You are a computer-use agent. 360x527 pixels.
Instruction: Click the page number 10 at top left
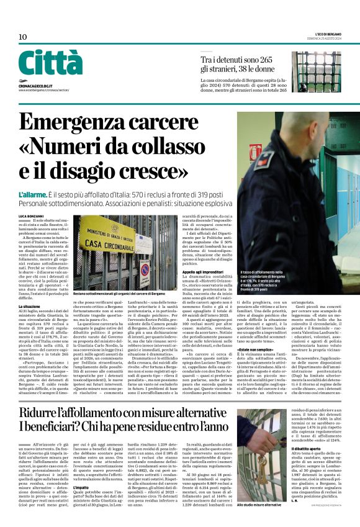point(22,37)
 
